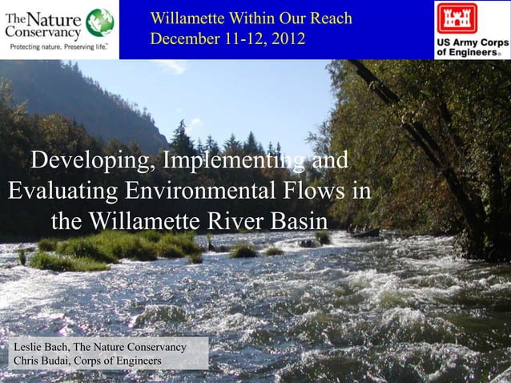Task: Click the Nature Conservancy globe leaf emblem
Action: [x=99, y=22]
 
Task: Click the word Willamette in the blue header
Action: [x=191, y=18]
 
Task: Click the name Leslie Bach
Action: [x=38, y=347]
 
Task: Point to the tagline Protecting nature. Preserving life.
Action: [x=58, y=47]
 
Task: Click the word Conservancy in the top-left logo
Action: [x=43, y=34]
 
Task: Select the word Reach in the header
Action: [x=330, y=18]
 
